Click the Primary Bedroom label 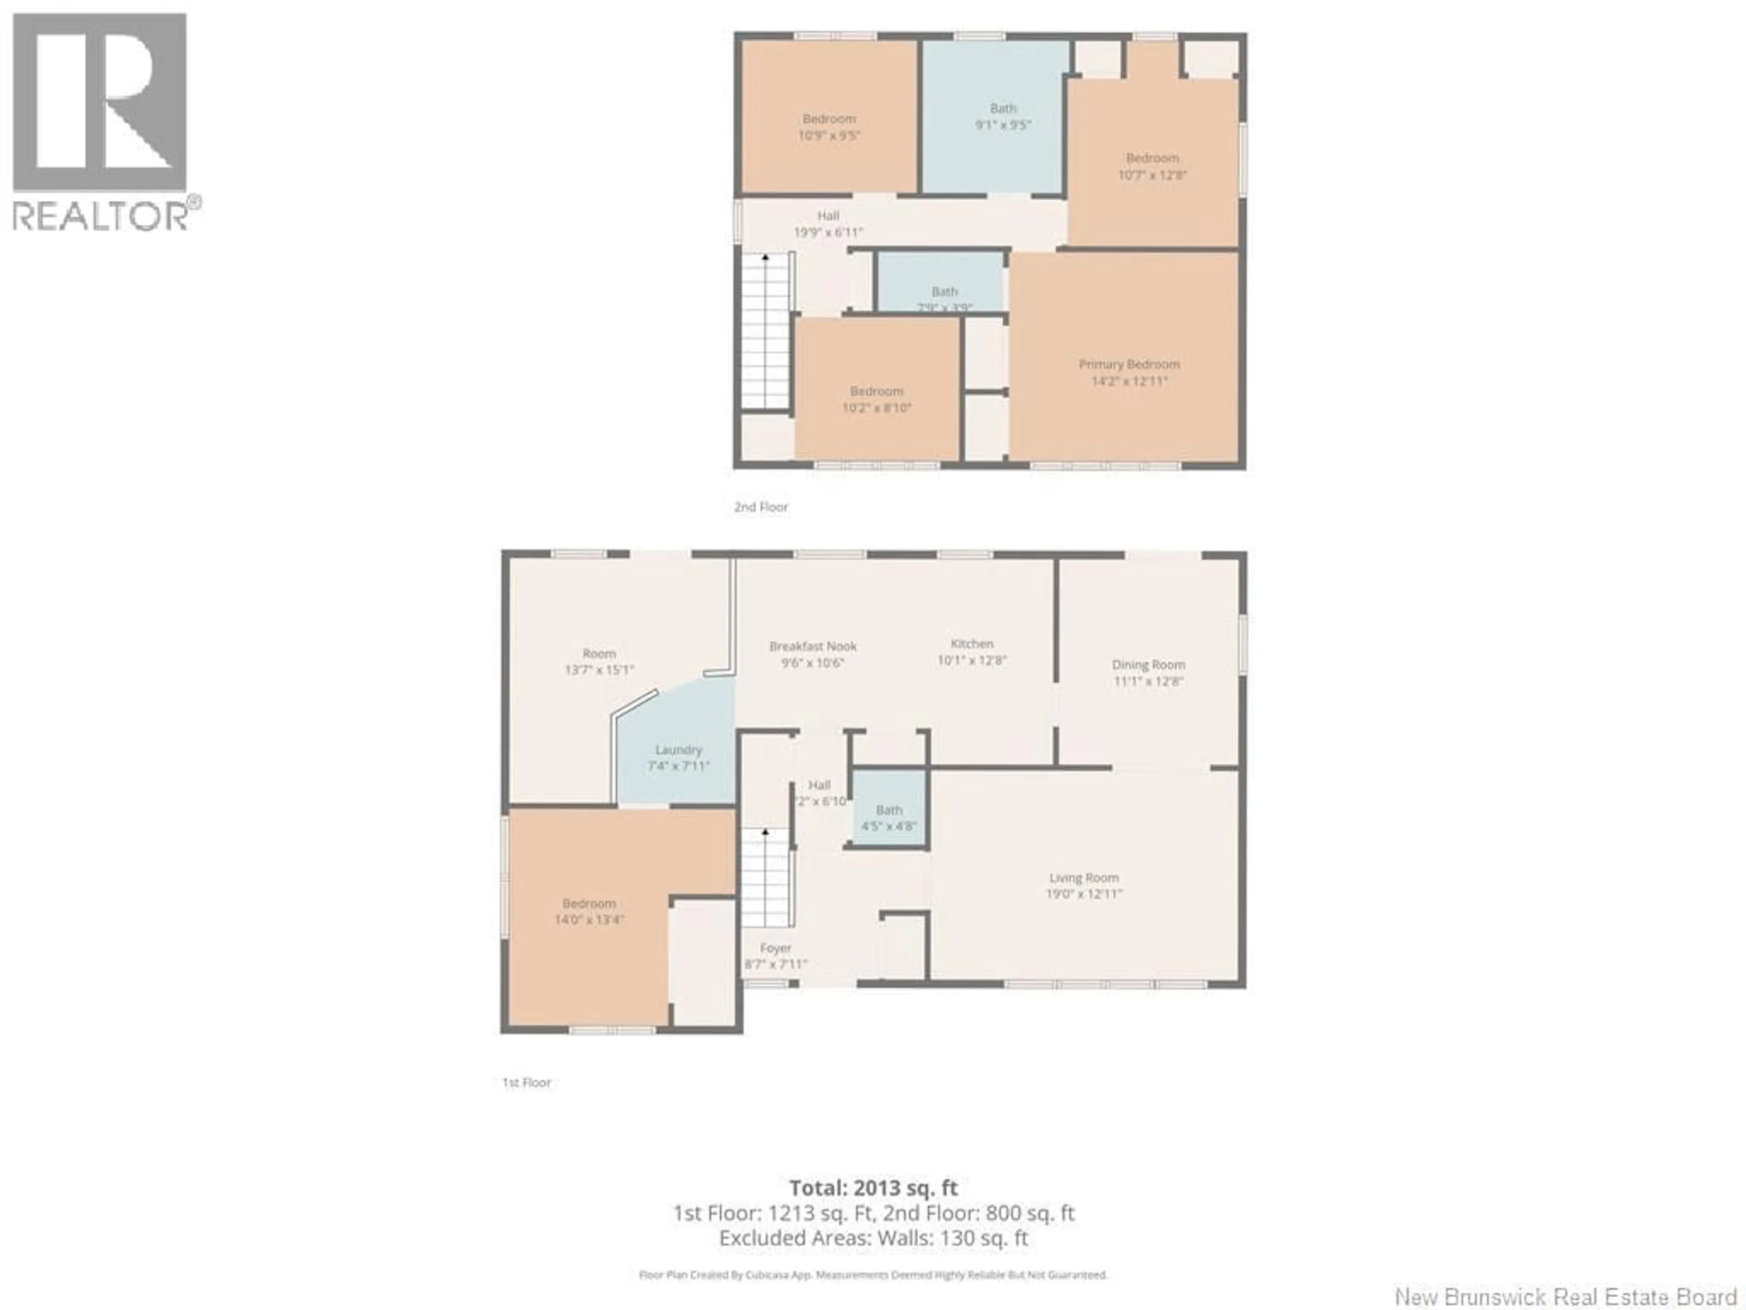[1129, 364]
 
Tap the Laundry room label [678, 749]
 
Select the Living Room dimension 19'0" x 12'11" [1084, 894]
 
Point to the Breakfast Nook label [813, 646]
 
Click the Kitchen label [972, 644]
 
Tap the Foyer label [775, 947]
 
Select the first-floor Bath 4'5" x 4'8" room [889, 817]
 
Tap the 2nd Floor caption [761, 507]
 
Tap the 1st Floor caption [527, 1083]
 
